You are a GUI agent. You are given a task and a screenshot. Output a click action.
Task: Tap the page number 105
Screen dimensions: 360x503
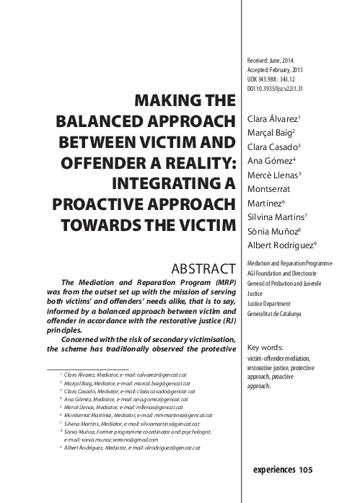point(306,470)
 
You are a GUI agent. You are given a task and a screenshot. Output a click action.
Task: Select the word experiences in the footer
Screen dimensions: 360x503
point(274,470)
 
